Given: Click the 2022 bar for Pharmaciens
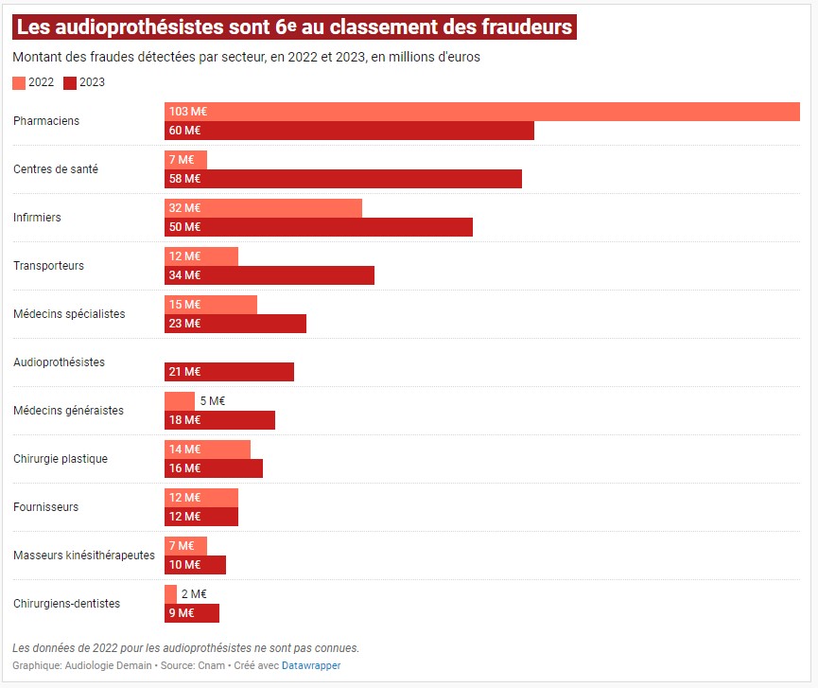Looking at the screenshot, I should coord(482,112).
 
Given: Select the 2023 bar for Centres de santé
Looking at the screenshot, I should coord(343,179).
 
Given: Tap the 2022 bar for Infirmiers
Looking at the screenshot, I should coord(263,208).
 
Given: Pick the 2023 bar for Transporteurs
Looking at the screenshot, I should coord(270,275).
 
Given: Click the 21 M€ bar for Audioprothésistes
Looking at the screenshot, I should coord(229,372).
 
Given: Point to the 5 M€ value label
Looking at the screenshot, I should coord(213,401).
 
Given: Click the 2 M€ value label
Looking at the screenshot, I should coord(194,594).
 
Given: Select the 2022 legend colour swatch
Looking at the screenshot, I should coord(19,82).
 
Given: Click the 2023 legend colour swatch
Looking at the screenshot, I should coord(69,82).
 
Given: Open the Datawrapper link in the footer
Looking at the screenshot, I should coord(311,665).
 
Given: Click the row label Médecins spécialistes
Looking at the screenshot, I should coord(69,314).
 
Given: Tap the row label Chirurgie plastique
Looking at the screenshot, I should coord(61,459).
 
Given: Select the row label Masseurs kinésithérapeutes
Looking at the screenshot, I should coord(84,556).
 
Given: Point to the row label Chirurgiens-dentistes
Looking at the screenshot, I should coord(67,604).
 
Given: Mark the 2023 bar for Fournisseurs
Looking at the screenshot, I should coord(201,517).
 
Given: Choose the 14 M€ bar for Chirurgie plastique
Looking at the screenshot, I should coord(207,450).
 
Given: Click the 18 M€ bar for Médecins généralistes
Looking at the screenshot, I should coord(219,420).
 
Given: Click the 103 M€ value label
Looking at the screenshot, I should coord(187,112).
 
